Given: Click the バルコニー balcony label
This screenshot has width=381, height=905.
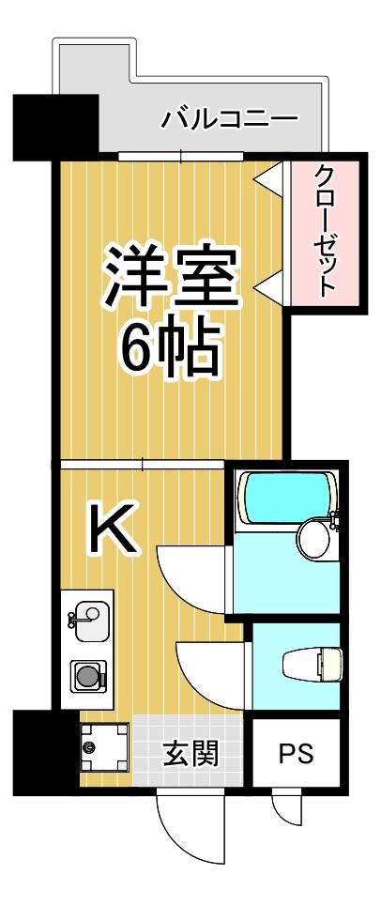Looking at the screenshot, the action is pyautogui.click(x=229, y=119).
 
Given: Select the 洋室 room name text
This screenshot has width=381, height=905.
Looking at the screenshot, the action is pyautogui.click(x=170, y=276).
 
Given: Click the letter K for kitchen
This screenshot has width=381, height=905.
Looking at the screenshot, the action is pyautogui.click(x=112, y=529).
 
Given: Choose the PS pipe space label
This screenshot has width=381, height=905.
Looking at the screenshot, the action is pyautogui.click(x=297, y=753).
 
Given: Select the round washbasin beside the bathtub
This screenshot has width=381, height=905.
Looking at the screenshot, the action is pyautogui.click(x=314, y=538).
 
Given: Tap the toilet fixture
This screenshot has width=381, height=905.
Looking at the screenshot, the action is pyautogui.click(x=312, y=665).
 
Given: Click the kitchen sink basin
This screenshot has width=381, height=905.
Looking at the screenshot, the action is pyautogui.click(x=88, y=621).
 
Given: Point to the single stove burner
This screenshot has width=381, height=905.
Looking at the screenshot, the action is pyautogui.click(x=88, y=675).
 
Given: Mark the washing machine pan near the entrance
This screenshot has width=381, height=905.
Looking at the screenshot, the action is pyautogui.click(x=104, y=747).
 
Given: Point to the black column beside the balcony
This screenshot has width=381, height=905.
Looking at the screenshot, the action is pyautogui.click(x=55, y=128).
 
